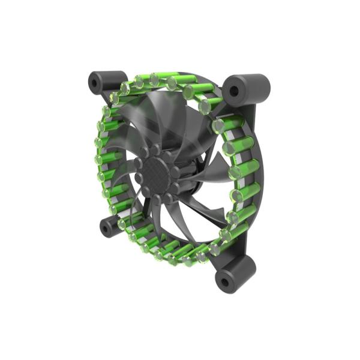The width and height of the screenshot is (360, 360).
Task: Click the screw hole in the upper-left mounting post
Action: point(95,82)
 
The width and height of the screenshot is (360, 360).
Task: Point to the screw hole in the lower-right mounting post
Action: point(227,281)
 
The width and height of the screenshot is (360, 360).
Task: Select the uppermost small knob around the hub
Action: point(156,147)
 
